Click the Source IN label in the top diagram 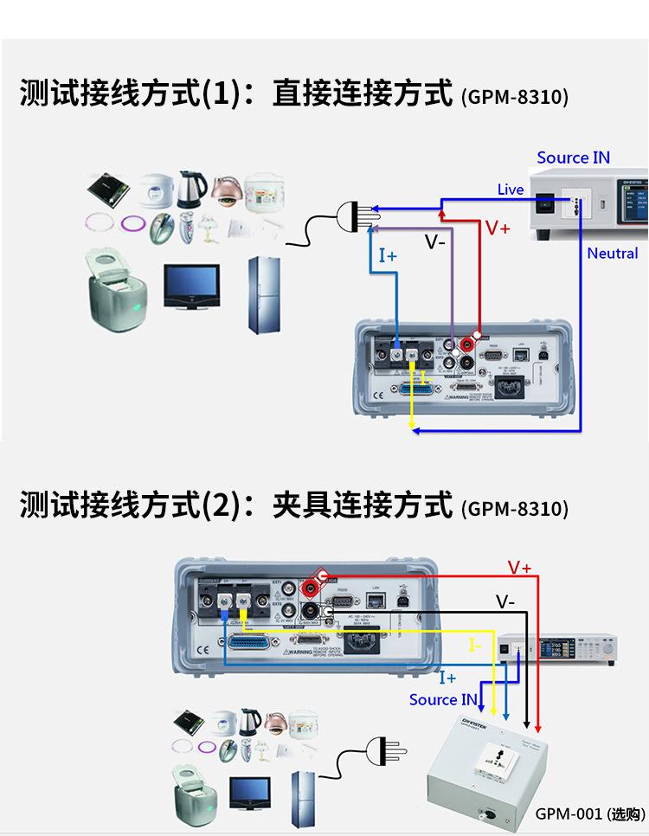click(x=573, y=158)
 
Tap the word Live click(x=511, y=190)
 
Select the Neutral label click(x=612, y=254)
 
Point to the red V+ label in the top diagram click(x=498, y=228)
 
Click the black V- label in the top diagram click(x=434, y=241)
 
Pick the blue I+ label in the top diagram click(x=388, y=255)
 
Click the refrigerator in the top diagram click(x=264, y=295)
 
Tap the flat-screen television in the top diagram click(x=191, y=286)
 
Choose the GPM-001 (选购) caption click(x=590, y=813)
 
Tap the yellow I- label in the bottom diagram click(x=474, y=645)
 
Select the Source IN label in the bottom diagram click(x=443, y=699)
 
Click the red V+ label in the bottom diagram click(x=519, y=568)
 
